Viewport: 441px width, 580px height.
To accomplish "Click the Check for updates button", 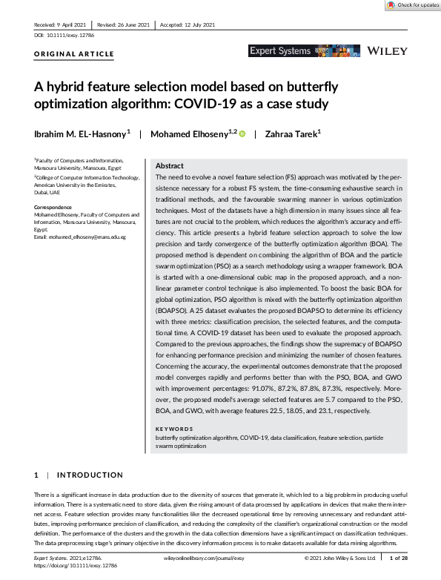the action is pyautogui.click(x=411, y=5).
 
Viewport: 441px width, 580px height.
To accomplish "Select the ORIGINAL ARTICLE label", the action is pyautogui.click(x=74, y=54).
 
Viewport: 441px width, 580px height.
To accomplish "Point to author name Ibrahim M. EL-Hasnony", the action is pyautogui.click(x=81, y=134).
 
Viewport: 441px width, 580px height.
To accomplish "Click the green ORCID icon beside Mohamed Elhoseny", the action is pyautogui.click(x=242, y=134).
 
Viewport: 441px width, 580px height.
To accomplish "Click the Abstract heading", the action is pyautogui.click(x=170, y=166).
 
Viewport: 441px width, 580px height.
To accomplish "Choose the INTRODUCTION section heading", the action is pyautogui.click(x=90, y=475).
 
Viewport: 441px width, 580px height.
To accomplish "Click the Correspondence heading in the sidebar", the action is pyautogui.click(x=55, y=206).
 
